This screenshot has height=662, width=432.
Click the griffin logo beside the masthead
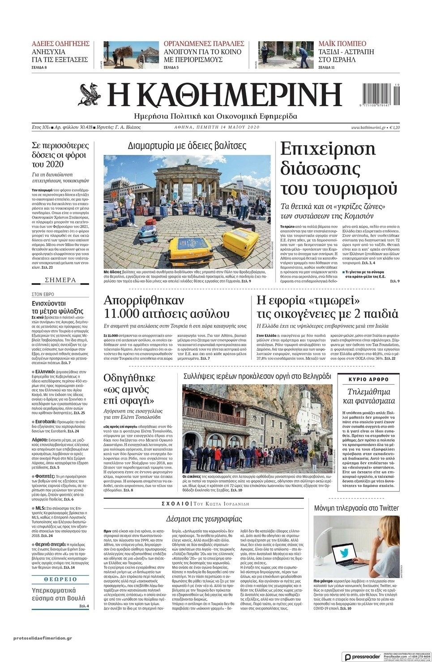click(x=90, y=95)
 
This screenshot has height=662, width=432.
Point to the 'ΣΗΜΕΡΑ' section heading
click(x=60, y=280)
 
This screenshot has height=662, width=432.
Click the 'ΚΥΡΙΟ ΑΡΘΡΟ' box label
click(x=368, y=379)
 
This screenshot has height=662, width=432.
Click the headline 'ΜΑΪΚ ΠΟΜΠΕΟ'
click(x=342, y=44)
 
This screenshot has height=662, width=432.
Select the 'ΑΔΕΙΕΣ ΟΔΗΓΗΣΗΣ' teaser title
click(x=60, y=44)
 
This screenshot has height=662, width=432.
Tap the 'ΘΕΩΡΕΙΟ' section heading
click(x=60, y=579)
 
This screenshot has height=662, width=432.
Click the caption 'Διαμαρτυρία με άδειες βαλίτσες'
click(x=187, y=146)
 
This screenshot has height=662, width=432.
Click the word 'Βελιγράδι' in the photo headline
click(x=312, y=376)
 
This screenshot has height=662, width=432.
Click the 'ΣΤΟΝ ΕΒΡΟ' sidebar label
click(x=43, y=294)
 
